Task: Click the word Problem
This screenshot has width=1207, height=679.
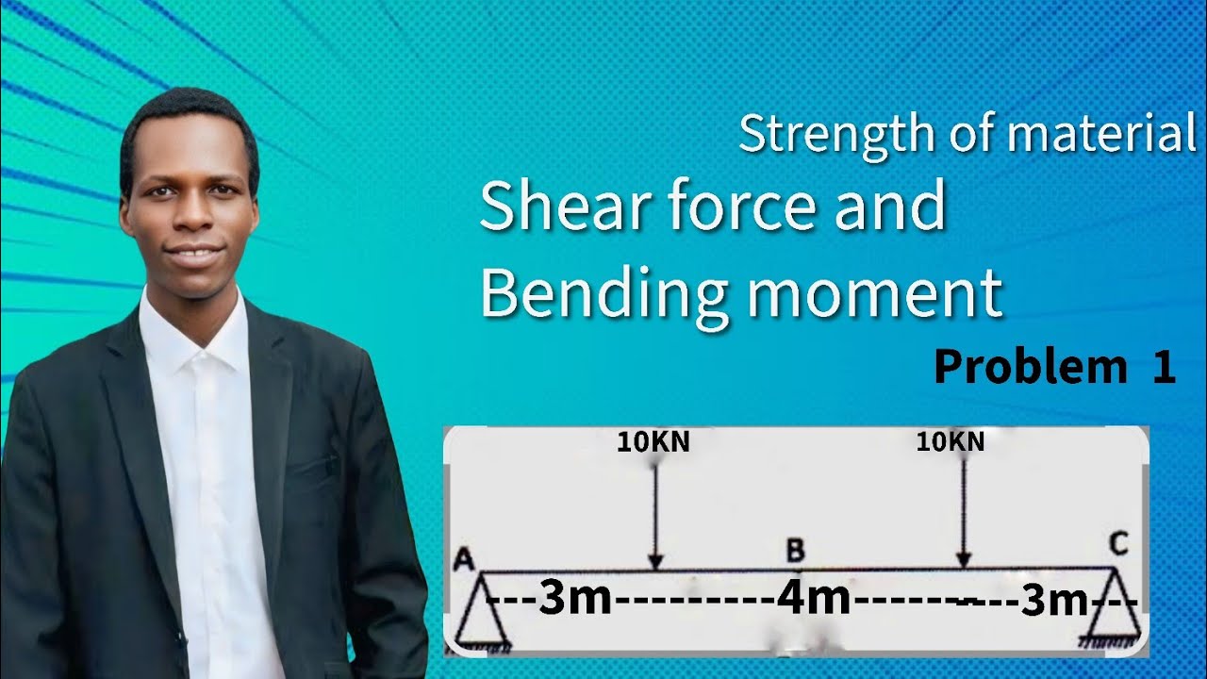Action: (x=1030, y=368)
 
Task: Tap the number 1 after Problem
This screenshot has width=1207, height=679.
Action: (x=1164, y=368)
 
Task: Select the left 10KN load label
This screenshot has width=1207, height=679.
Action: (x=653, y=442)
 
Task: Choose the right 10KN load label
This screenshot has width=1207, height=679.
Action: (x=951, y=441)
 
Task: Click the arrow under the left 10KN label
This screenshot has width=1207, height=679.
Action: (x=655, y=514)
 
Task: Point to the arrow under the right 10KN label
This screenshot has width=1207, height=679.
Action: (x=963, y=514)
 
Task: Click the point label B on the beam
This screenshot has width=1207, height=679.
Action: (x=795, y=550)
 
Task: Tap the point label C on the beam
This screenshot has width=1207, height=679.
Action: (x=1118, y=545)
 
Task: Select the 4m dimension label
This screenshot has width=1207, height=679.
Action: (x=814, y=600)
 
